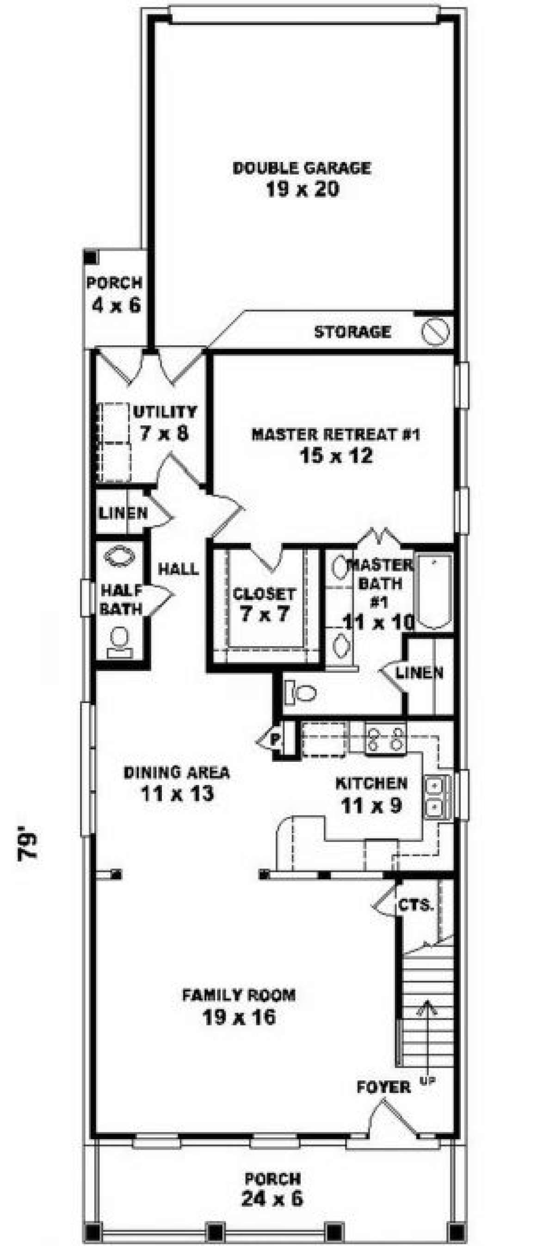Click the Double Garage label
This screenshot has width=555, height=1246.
point(302,168)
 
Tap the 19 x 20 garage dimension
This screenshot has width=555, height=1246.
point(302,189)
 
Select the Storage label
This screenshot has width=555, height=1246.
point(352,332)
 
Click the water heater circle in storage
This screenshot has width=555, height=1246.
point(435,332)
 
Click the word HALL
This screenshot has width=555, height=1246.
point(179,569)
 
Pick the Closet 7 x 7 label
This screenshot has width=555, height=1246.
point(264,604)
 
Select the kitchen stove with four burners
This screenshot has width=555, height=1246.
point(385,739)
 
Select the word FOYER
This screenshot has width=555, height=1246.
point(383,1088)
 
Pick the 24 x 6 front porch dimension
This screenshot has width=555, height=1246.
point(272,1199)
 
